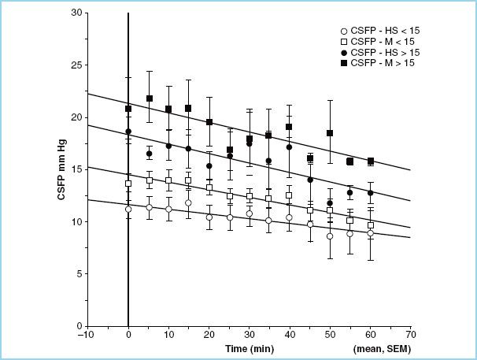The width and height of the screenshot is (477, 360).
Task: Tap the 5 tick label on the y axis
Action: tap(79, 273)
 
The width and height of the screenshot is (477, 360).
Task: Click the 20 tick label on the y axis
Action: tap(76, 117)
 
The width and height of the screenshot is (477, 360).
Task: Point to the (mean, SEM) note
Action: tap(383, 347)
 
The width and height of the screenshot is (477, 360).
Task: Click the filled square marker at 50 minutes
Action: tap(330, 133)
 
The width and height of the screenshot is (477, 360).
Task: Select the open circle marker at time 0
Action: tap(128, 210)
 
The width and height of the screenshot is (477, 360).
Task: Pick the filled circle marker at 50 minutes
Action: tap(330, 203)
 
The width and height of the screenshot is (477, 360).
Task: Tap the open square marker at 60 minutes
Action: tap(370, 225)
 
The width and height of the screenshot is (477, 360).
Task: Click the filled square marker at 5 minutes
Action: tap(149, 98)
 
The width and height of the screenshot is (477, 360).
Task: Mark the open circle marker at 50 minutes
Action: tap(330, 236)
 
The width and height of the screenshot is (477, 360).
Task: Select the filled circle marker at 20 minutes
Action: tap(209, 166)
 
